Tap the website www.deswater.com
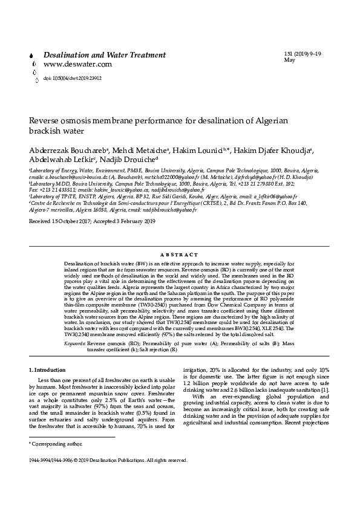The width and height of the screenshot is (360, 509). point(77,64)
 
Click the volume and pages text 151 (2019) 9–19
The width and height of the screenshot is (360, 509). point(303,54)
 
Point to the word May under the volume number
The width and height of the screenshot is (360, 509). point(289,60)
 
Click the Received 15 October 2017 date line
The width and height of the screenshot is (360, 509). point(92,222)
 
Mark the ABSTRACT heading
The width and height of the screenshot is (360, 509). point(180,256)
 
